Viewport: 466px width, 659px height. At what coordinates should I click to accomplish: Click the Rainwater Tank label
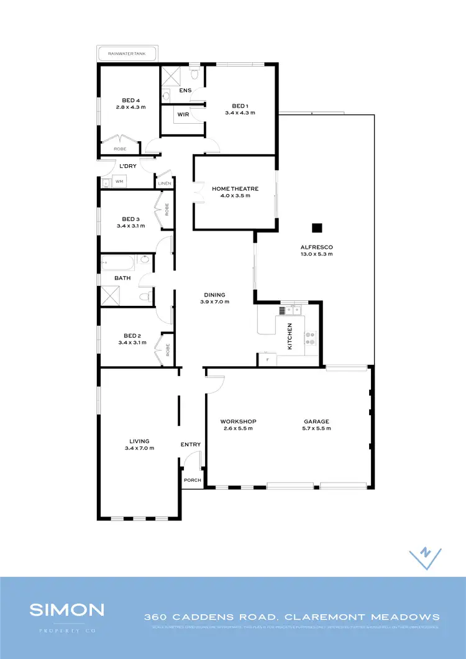[x=127, y=54]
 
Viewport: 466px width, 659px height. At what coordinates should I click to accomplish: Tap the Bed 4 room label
[x=130, y=100]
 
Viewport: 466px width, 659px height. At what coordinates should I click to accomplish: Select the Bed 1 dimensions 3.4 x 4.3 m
[x=240, y=113]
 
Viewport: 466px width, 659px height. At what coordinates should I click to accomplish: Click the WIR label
[x=183, y=114]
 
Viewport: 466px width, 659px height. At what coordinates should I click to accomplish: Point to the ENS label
[x=185, y=91]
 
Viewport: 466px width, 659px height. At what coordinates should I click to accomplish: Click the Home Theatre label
[x=235, y=188]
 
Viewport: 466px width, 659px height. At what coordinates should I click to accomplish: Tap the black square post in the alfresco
[x=317, y=228]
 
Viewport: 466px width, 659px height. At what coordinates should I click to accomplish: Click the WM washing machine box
[x=119, y=182]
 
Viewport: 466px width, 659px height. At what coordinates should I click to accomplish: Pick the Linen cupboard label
[x=164, y=183]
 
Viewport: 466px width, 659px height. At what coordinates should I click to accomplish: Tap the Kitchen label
[x=290, y=336]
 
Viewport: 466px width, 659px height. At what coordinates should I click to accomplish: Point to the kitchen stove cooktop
[x=310, y=338]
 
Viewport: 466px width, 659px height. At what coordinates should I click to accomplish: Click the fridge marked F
[x=267, y=359]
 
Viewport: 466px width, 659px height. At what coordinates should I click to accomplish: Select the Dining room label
[x=215, y=295]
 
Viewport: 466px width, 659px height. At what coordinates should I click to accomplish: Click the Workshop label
[x=239, y=421]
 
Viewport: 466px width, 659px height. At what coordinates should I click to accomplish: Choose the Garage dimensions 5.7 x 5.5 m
[x=316, y=428]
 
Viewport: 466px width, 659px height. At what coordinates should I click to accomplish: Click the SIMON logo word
[x=68, y=609]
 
